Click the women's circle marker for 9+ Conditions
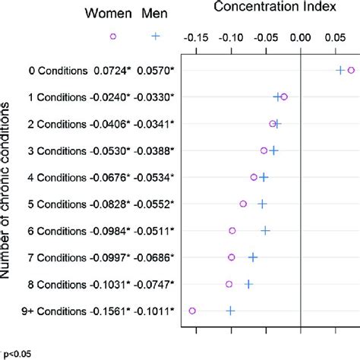coord(192,311)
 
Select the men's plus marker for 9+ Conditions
coord(231,311)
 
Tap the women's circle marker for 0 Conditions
coord(351,70)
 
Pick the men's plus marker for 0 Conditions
coord(341,70)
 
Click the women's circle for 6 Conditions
coord(232,230)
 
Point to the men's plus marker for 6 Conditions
coord(266,230)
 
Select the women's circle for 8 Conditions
coord(229,284)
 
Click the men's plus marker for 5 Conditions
coord(263,204)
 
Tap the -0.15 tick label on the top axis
coord(196,36)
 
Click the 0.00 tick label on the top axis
coord(301,36)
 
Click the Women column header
coord(108,14)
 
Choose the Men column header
coord(156,14)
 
